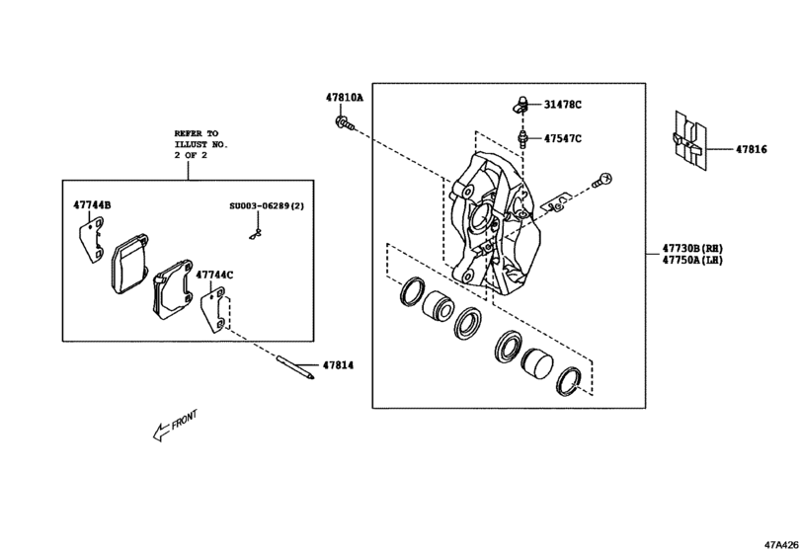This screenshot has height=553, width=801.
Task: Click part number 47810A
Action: (345, 99)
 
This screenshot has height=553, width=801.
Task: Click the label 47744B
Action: (92, 205)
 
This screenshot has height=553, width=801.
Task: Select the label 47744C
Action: (214, 275)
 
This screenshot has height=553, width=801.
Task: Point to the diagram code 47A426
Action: (777, 543)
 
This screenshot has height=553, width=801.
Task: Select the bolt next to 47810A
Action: (342, 122)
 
